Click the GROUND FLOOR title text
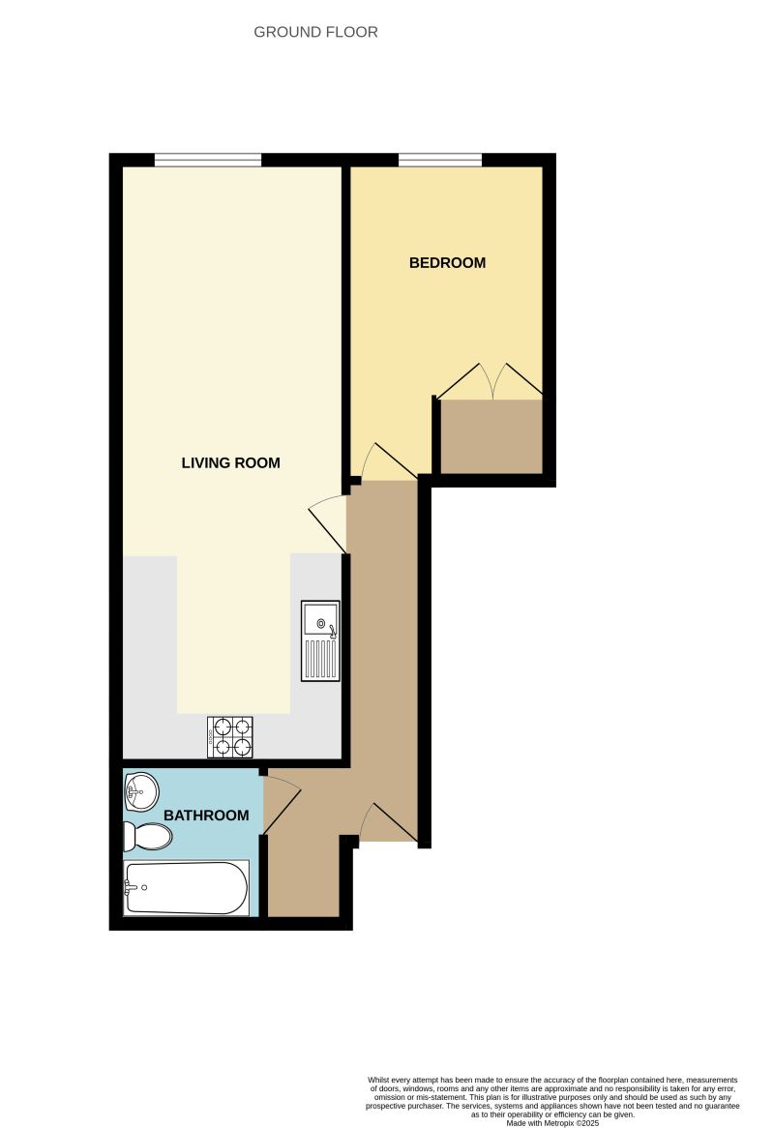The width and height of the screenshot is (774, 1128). click(315, 32)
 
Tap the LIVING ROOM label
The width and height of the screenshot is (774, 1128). click(230, 462)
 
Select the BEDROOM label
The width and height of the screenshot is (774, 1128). click(447, 262)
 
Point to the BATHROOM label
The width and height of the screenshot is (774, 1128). click(206, 816)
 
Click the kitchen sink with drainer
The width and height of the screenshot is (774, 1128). click(320, 640)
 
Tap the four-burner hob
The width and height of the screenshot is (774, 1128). click(230, 737)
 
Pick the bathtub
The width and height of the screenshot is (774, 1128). click(186, 888)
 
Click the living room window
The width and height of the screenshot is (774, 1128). click(208, 161)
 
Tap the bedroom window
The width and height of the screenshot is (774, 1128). click(440, 161)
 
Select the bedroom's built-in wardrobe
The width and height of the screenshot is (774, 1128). click(491, 436)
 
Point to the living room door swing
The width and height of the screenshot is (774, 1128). click(329, 522)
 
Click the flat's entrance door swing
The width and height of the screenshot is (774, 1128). click(387, 822)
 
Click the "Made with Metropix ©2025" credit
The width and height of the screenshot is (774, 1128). click(552, 1122)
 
